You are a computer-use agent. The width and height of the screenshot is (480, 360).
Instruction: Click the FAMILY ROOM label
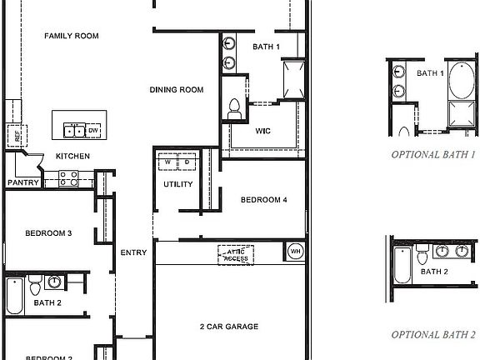tap(72, 37)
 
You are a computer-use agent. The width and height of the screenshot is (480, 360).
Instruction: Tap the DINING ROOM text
tap(177, 90)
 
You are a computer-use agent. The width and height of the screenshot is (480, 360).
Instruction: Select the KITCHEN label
tap(72, 156)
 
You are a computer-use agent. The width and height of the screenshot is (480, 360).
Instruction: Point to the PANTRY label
tap(22, 182)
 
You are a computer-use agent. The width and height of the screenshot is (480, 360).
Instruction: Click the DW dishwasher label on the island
tap(93, 131)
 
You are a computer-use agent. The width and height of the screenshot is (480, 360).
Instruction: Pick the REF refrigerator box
tap(14, 134)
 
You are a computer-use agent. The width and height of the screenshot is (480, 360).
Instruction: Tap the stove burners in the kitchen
tap(68, 178)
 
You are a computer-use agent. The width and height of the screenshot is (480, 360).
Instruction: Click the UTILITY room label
tap(177, 184)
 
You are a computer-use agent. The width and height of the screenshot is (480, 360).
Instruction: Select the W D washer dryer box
tap(177, 162)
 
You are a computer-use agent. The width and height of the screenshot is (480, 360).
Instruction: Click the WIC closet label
tap(263, 130)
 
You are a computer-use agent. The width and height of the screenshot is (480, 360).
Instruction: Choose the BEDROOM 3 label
tap(47, 233)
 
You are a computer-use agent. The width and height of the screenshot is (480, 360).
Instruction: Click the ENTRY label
tap(133, 252)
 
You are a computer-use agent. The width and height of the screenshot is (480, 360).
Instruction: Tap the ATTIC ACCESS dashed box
tap(237, 254)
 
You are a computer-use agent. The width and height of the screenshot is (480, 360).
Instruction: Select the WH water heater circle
tap(296, 251)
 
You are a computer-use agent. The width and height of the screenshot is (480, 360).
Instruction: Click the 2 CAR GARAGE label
tap(229, 327)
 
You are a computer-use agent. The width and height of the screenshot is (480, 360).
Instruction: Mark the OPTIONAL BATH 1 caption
tap(433, 154)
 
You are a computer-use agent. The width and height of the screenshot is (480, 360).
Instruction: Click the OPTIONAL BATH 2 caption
tap(434, 334)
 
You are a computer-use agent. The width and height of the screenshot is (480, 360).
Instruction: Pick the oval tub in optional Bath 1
tap(460, 82)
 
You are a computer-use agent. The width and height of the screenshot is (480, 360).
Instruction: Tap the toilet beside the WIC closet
tap(235, 107)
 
